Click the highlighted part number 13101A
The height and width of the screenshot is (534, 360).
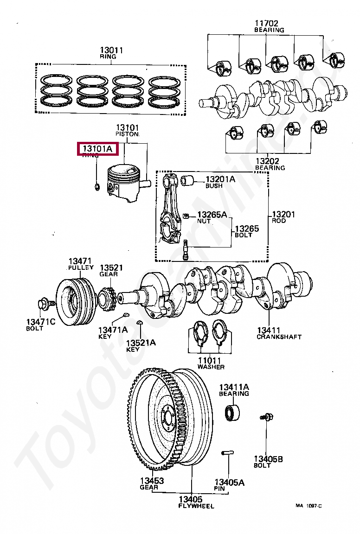tap(97, 149)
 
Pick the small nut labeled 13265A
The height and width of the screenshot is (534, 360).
tap(186, 215)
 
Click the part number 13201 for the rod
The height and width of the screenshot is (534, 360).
tap(283, 214)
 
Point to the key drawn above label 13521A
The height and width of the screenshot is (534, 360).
tap(139, 323)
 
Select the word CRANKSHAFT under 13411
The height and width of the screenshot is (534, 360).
tap(279, 337)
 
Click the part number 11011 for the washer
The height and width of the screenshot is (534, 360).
tap(210, 360)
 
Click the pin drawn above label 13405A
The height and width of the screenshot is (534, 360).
tap(228, 452)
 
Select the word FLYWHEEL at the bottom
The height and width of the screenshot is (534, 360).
tap(196, 506)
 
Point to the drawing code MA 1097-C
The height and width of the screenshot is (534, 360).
tap(309, 505)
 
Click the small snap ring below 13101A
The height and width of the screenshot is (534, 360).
tap(96, 187)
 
